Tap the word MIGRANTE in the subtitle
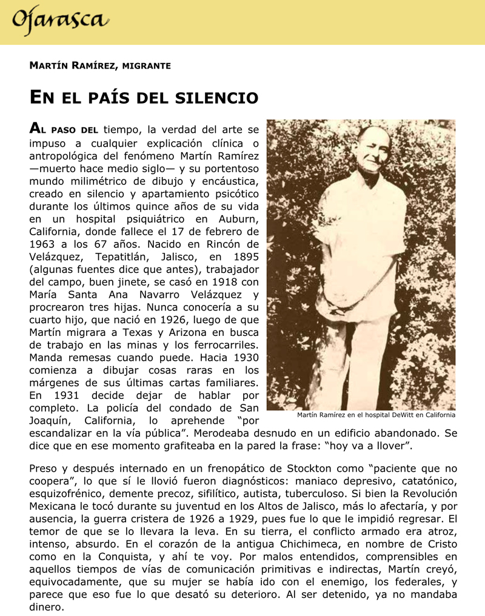tap(146, 65)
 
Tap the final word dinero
tap(47, 607)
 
